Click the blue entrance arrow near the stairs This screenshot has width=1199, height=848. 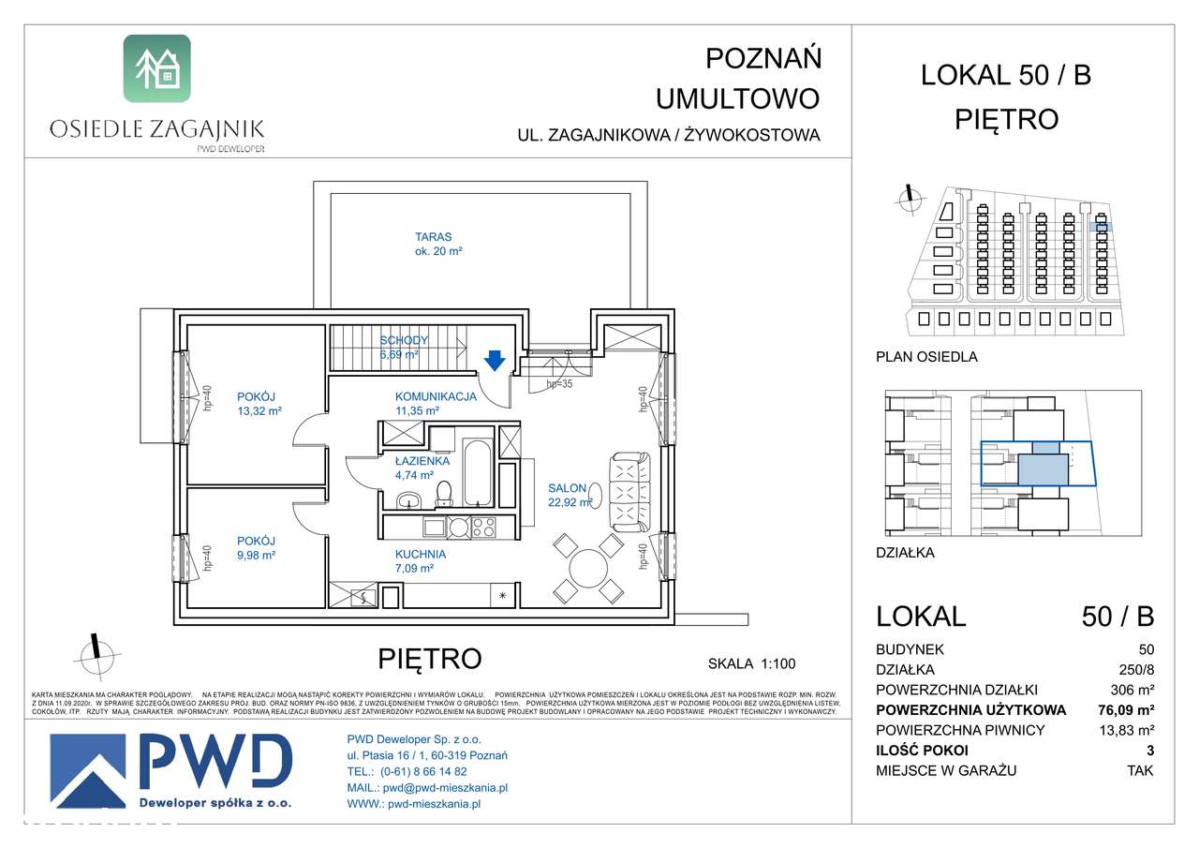coord(495,359)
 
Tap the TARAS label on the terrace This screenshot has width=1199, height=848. coord(434,237)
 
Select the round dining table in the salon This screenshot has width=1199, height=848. coord(588,568)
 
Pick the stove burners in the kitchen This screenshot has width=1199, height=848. coord(482,528)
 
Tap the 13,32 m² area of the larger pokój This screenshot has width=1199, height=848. coord(259,410)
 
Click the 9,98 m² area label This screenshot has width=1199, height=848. coord(256,555)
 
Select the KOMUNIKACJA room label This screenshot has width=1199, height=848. coord(436,396)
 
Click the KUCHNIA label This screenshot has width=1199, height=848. coord(421,554)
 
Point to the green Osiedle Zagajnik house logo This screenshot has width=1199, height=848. coord(156,68)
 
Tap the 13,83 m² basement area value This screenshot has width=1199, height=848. coord(1126,730)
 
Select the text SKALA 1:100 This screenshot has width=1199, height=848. coord(751,663)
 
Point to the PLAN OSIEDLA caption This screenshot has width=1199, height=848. coord(926,356)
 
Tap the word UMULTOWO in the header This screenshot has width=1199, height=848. coord(737,97)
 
